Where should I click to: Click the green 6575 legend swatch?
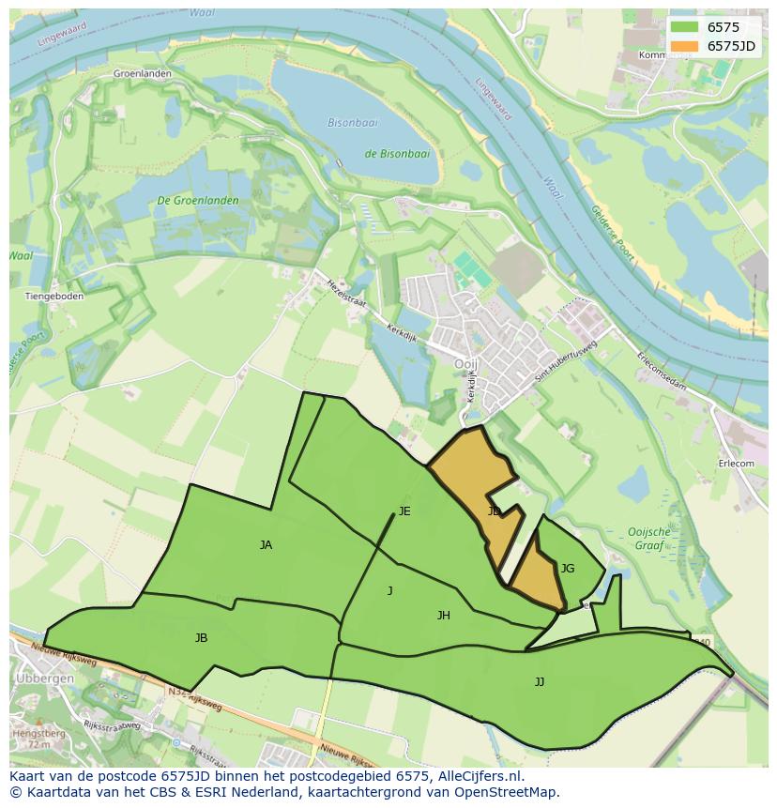tap(684, 27)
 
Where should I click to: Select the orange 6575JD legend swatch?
tap(684, 46)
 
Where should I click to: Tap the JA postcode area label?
tap(266, 545)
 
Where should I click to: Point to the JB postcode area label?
tap(201, 638)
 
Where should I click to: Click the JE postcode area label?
tap(404, 511)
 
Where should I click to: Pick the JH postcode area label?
tap(444, 616)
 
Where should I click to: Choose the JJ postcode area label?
tap(540, 682)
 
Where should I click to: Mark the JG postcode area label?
tap(567, 569)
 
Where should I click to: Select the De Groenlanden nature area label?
tap(198, 201)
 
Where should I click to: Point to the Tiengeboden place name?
tap(53, 297)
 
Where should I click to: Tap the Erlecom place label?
tap(736, 464)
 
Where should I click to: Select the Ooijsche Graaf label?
tap(649, 538)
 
